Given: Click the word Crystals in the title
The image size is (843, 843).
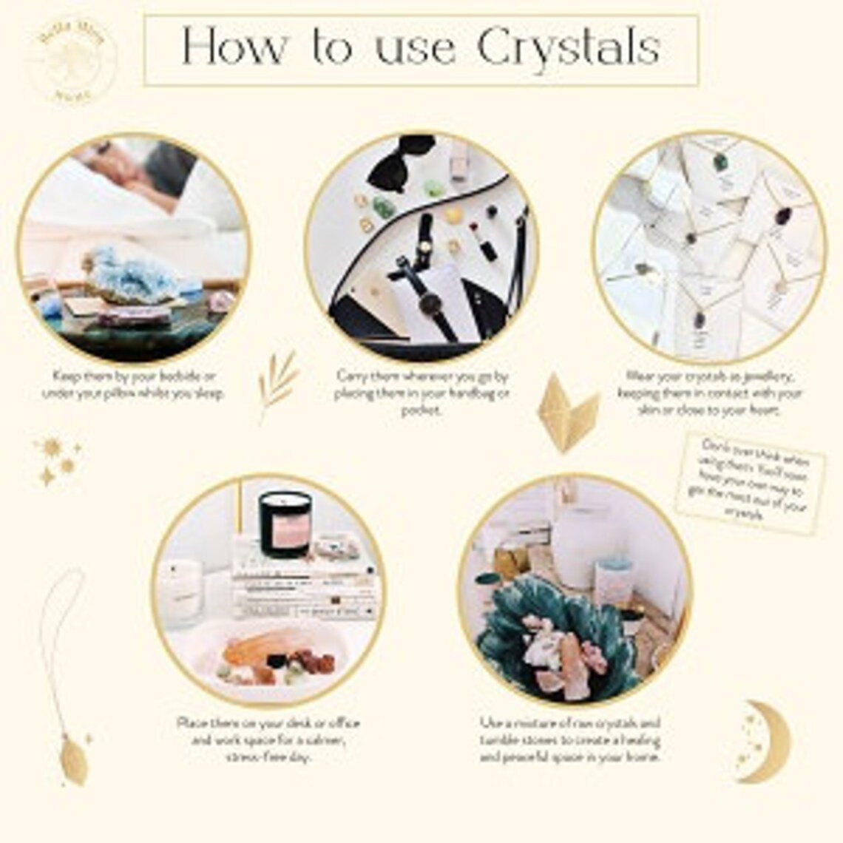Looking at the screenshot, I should [x=568, y=48].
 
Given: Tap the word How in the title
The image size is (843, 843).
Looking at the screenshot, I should [x=232, y=48].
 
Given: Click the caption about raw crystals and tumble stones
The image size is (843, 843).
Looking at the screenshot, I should [x=570, y=740].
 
